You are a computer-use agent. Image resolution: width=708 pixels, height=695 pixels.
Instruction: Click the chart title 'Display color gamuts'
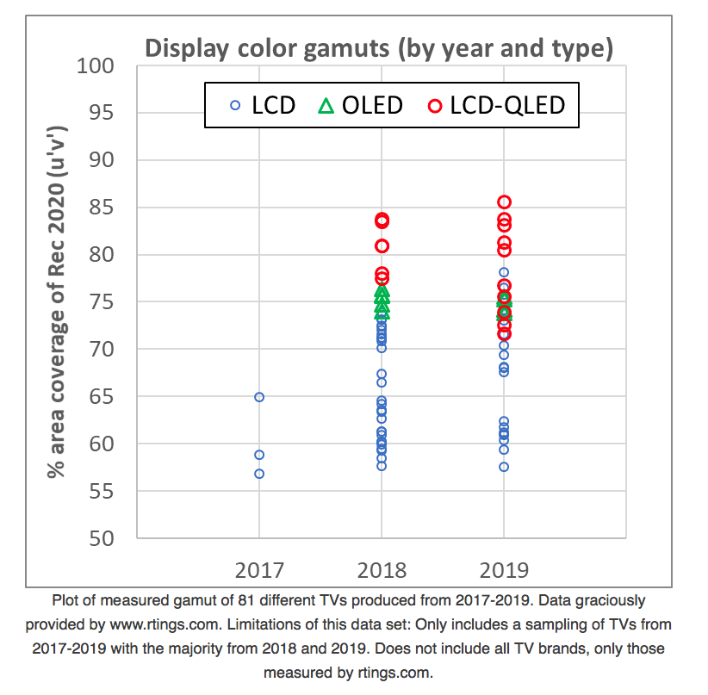[x=379, y=48]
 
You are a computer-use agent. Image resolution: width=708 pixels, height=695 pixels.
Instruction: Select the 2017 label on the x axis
[x=259, y=569]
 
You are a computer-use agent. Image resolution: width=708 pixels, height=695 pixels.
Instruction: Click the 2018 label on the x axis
[x=382, y=569]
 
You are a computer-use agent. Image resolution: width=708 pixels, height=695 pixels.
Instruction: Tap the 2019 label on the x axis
[x=504, y=569]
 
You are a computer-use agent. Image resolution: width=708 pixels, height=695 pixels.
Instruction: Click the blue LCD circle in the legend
[x=235, y=105]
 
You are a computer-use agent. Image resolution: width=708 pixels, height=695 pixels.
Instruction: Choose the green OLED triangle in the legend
[x=326, y=105]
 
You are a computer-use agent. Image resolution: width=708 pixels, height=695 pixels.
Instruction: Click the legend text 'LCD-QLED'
[x=509, y=105]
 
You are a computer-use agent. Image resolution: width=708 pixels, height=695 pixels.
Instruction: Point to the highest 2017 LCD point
[x=259, y=397]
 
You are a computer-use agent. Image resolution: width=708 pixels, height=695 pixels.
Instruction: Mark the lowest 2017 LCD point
[x=259, y=474]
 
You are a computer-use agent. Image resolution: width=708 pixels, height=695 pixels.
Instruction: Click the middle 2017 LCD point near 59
[x=259, y=455]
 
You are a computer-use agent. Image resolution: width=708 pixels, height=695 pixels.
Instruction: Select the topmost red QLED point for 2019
[x=504, y=202]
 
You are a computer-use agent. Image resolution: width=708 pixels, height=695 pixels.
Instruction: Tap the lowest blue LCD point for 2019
[x=504, y=467]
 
